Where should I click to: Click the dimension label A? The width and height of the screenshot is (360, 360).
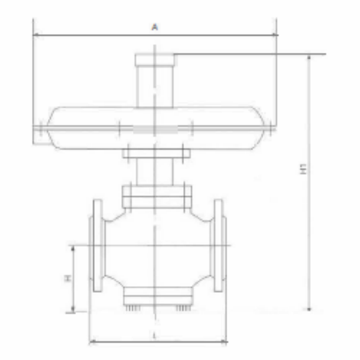click(155, 28)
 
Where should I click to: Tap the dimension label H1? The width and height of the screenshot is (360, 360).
click(303, 168)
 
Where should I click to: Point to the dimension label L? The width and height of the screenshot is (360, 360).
click(154, 336)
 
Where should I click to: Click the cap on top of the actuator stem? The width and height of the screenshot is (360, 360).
click(156, 60)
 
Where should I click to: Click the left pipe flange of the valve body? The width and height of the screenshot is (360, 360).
click(96, 245)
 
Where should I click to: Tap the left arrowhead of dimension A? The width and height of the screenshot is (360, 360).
click(35, 35)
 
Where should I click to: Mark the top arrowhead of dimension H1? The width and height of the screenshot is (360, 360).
click(309, 57)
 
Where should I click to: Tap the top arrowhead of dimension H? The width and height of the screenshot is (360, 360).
click(73, 248)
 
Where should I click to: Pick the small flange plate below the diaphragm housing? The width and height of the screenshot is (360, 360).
click(156, 154)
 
